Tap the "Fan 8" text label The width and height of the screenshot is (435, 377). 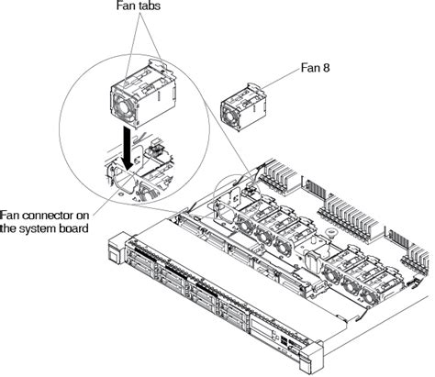coord(318,68)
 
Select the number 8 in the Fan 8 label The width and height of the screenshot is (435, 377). coord(329,68)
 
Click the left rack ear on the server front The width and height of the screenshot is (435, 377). coord(115,247)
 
